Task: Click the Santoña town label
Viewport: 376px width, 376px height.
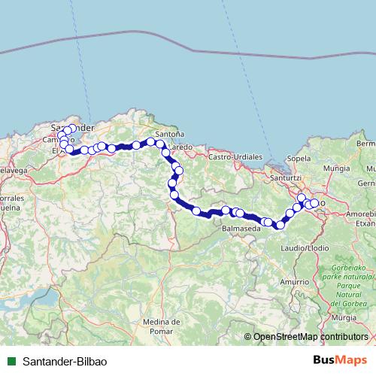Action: pos(171,134)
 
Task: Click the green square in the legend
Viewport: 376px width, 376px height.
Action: pos(11,361)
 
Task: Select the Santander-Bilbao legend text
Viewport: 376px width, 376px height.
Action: pos(65,361)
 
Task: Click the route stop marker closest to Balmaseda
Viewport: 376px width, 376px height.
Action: pos(240,213)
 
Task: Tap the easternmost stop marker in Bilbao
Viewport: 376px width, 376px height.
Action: pos(314,203)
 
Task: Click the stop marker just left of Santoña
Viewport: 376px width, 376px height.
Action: pos(150,141)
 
